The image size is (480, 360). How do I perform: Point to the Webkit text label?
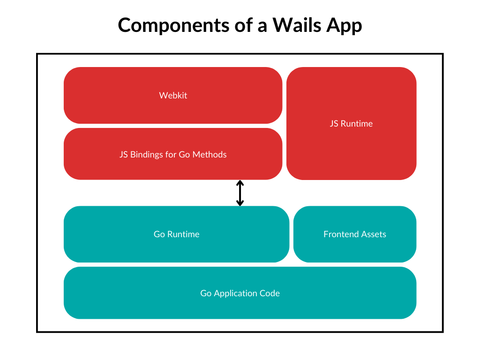(173, 95)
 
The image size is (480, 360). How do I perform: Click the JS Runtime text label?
(351, 124)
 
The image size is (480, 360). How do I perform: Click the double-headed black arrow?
(240, 193)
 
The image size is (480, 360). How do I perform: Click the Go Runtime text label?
(176, 234)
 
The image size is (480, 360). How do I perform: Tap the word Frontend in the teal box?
(340, 234)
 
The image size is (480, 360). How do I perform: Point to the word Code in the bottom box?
(270, 293)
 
